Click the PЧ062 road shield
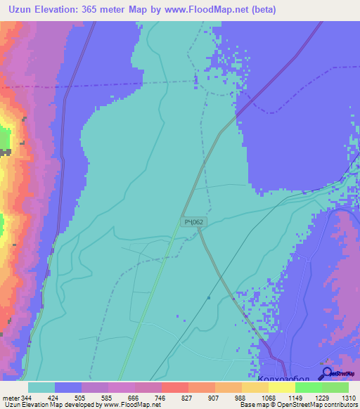193,222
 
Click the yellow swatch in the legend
281,387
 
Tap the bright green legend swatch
308,387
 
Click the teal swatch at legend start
41,387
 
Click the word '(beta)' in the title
261,10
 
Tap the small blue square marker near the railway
209,297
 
